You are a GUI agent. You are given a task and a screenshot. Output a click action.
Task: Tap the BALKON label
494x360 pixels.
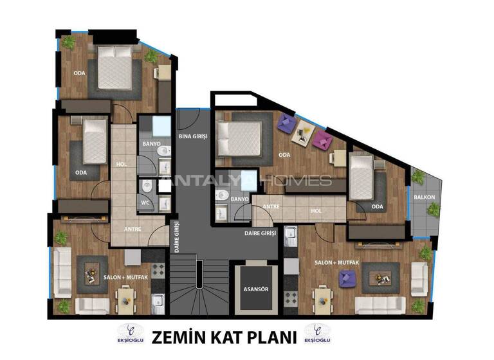(x=425, y=197)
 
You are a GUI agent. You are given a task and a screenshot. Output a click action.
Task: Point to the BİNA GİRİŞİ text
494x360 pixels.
(x=192, y=138)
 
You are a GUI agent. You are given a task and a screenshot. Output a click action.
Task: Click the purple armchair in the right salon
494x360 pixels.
(x=347, y=278)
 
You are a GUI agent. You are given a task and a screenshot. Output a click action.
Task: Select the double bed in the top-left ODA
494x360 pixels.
(x=116, y=68)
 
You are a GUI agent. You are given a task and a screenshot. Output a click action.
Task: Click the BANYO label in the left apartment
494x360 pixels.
(x=151, y=143)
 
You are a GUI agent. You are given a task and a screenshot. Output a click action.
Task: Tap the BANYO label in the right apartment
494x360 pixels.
(x=239, y=199)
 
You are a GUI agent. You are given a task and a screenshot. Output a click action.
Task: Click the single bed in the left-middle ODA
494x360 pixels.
(x=95, y=141)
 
